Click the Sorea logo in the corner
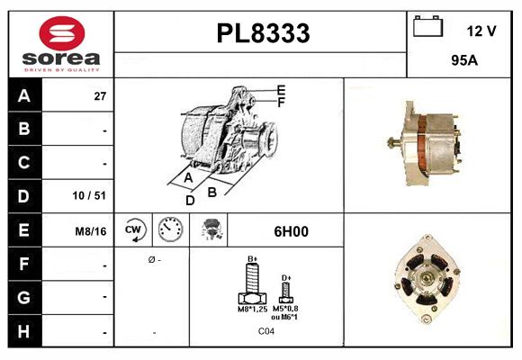pos(60,43)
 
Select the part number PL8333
pos(263,33)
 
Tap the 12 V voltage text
pos(481,31)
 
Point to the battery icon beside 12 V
pos(426,28)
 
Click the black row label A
pos(23,94)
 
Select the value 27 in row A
pos(100,95)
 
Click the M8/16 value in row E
pos(91,231)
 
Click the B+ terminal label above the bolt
pos(253,258)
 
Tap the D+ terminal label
pos(286,277)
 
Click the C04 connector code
pos(266,331)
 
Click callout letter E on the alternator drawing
pos(281,90)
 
